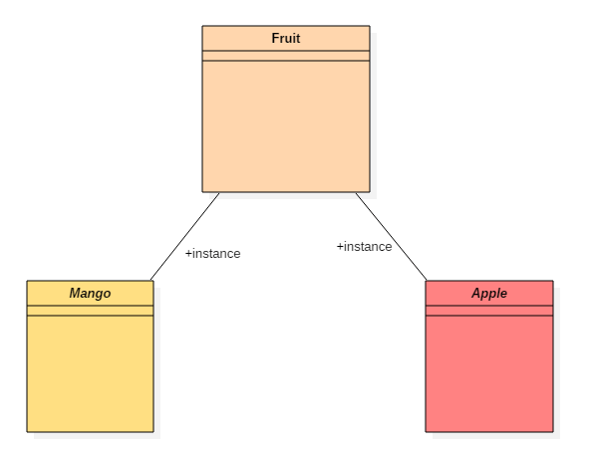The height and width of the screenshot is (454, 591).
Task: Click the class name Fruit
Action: pos(286,38)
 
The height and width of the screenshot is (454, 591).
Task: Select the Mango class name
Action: pos(90,293)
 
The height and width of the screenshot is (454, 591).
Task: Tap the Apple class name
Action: pos(489,293)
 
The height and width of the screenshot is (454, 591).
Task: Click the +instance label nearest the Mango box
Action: pos(212,253)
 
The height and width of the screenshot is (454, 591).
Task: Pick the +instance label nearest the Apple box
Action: pos(364,247)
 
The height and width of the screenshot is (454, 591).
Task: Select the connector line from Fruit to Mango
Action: pos(184,236)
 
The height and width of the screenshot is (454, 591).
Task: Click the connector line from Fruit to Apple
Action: pos(392,236)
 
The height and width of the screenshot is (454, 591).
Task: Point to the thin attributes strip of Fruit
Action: pos(286,56)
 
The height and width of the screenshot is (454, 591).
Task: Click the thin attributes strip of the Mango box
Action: pos(90,311)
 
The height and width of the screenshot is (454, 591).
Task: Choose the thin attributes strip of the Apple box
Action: pos(489,311)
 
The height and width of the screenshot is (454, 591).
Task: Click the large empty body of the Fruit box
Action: pos(286,126)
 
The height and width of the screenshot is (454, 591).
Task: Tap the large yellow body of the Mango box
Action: pos(90,373)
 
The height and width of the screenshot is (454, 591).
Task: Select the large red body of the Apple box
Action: pos(489,373)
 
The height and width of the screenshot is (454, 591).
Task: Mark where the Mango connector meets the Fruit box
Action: pos(219,193)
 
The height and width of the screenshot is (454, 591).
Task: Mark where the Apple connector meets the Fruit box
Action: pos(356,193)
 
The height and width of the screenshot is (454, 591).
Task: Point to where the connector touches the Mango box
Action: pos(150,281)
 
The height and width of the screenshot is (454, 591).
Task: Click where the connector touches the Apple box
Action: pos(427,281)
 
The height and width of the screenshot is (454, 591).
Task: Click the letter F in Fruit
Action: pos(275,38)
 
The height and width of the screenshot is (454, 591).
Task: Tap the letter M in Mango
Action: pos(75,293)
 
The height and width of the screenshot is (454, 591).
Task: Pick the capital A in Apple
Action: pos(476,293)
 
